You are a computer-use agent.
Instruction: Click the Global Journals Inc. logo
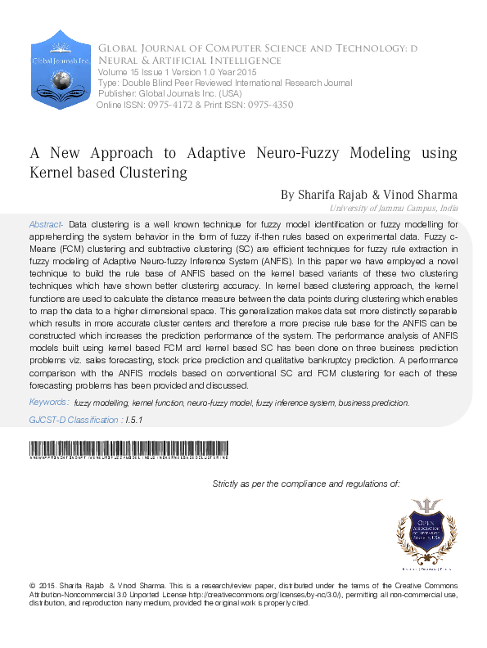coord(60,70)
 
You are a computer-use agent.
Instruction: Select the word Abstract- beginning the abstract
coord(46,224)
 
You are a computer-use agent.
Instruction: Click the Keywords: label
coord(49,403)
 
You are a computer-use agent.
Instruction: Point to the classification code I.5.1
coord(133,420)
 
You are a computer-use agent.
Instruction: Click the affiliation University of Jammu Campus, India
coord(402,209)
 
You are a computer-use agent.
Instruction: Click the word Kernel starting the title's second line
coord(52,173)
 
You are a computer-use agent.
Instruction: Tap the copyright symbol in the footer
coord(32,587)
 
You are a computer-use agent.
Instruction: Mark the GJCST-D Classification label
coord(74,420)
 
